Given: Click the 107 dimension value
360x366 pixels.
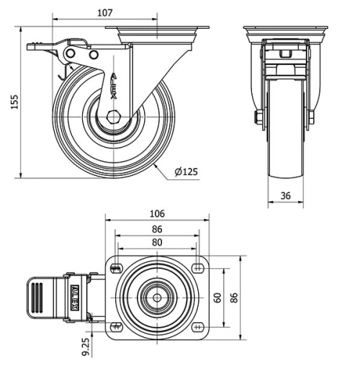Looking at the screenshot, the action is (105, 13).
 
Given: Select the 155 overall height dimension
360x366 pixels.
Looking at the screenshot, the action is (15, 102).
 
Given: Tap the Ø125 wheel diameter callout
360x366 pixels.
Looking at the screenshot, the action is (186, 172).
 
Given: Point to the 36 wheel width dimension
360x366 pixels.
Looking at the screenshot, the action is (286, 196).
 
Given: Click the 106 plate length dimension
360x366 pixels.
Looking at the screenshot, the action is (157, 214).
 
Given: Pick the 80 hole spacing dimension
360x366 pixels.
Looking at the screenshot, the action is (157, 243).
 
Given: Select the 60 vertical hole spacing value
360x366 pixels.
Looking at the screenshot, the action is (217, 298).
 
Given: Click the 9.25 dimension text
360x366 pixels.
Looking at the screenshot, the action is (86, 347).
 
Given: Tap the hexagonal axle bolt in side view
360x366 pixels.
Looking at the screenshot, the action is (112, 117).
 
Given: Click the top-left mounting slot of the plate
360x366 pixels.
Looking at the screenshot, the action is (117, 268).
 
